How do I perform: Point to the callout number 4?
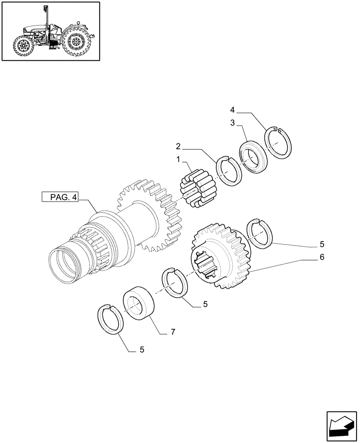click(233, 109)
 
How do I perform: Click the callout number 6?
click(321, 256)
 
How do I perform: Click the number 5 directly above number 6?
click(321, 244)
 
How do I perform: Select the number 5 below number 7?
click(141, 350)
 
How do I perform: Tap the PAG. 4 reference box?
click(59, 198)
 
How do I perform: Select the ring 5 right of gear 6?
click(258, 232)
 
